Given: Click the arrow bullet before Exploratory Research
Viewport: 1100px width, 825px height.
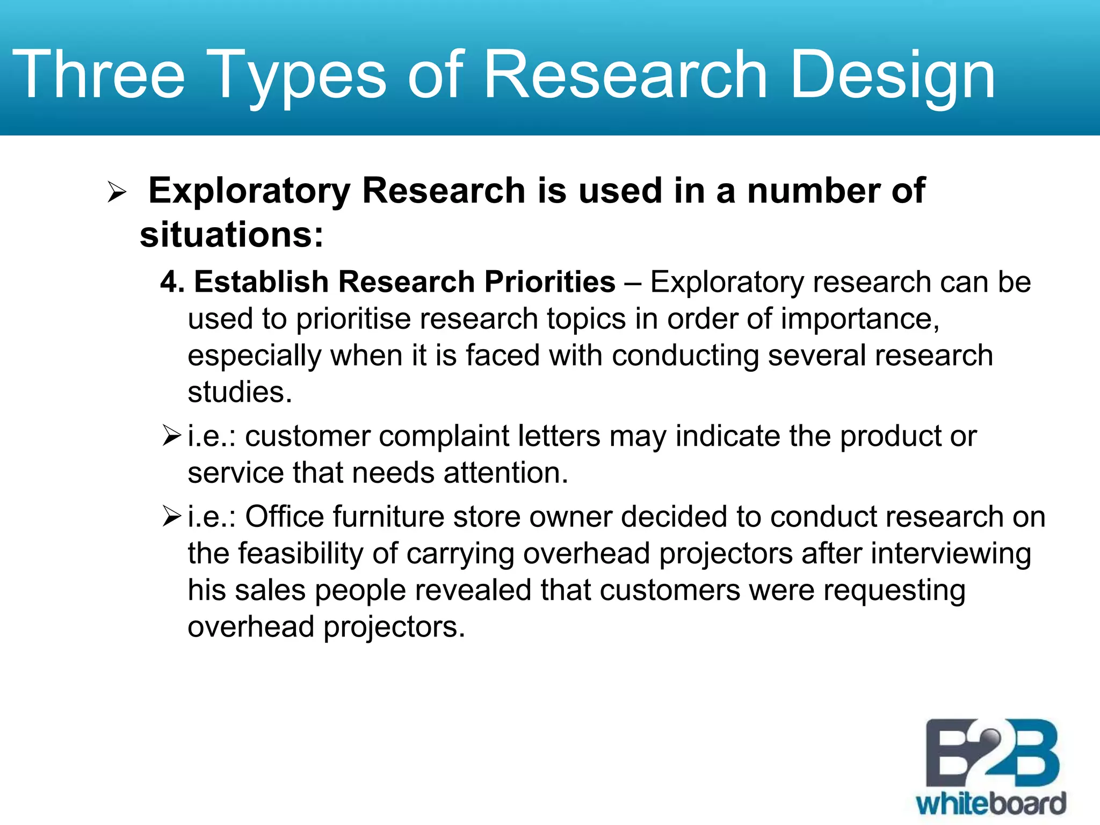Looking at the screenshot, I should [117, 192].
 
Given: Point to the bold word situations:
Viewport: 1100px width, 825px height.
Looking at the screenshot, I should [231, 235].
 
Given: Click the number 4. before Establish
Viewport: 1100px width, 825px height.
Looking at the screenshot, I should [172, 282].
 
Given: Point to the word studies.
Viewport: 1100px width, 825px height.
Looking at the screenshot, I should [240, 392].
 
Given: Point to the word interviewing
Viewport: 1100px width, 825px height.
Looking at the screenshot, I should [951, 553].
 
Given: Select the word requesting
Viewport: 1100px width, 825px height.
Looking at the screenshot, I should [894, 590].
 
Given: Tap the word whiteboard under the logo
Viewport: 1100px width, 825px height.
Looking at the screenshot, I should [990, 804].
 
